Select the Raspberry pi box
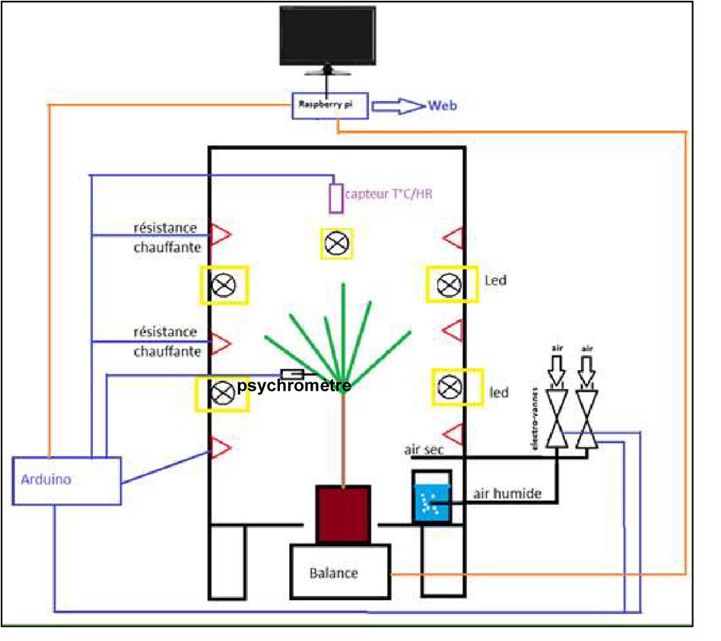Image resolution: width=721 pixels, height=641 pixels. [x=331, y=106]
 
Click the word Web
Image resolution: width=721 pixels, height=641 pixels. [x=443, y=106]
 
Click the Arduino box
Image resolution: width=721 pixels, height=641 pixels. [x=66, y=480]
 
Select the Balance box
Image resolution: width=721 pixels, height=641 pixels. [x=339, y=572]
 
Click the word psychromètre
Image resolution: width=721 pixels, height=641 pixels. [x=294, y=386]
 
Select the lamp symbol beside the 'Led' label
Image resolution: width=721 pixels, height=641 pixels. [x=452, y=284]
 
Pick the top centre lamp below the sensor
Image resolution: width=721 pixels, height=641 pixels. [x=335, y=243]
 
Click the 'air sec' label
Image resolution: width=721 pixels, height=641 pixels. [x=424, y=449]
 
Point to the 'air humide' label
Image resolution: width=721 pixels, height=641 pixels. [x=507, y=493]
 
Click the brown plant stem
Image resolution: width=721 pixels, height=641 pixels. [x=344, y=433]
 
